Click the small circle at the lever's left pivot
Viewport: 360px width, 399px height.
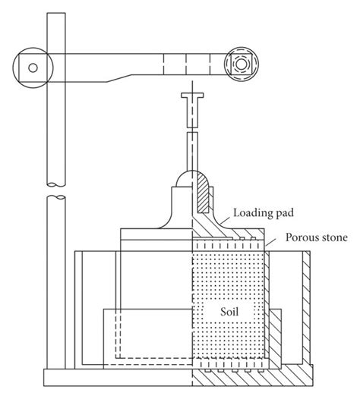pyautogui.click(x=33, y=67)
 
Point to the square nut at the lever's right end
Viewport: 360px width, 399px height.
pyautogui.click(x=242, y=66)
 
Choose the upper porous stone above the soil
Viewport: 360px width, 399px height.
pyautogui.click(x=228, y=245)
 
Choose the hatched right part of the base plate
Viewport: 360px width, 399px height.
pyautogui.click(x=251, y=377)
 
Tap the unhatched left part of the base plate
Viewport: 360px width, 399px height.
pyautogui.click(x=114, y=377)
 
